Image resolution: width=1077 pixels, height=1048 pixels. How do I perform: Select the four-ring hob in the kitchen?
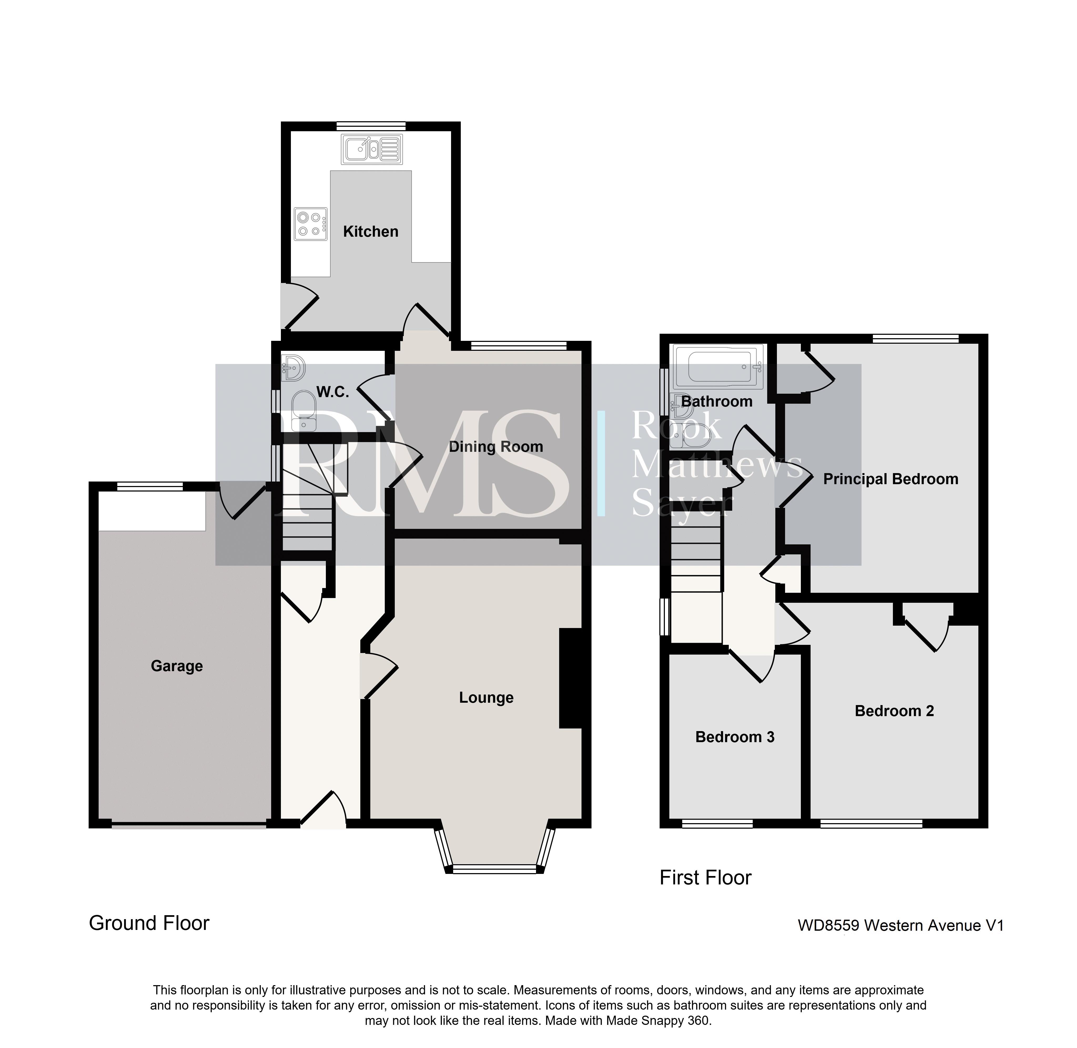pos(310,224)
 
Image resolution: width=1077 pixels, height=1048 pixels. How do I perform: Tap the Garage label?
pos(177,667)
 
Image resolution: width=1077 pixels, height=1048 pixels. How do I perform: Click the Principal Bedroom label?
pos(891,479)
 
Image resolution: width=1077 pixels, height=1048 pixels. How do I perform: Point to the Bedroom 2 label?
pos(894,711)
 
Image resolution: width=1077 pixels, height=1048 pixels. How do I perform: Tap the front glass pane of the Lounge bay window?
pos(494,869)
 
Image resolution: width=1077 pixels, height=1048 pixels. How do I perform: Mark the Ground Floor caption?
pos(149,923)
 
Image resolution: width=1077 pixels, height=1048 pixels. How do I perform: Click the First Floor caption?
pos(706,877)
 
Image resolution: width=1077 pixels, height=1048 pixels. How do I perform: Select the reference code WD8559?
pos(828,925)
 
